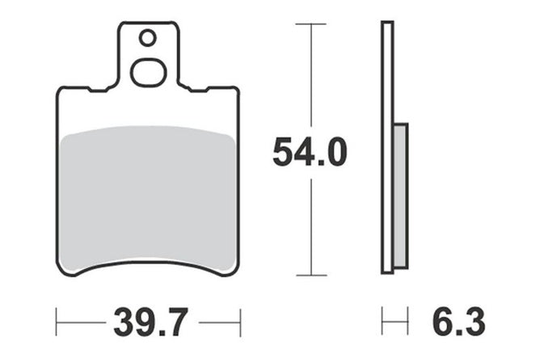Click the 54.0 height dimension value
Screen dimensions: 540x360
310,152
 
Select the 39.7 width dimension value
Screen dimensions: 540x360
151,323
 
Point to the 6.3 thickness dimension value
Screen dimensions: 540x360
458,323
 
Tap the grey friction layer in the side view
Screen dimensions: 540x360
400,195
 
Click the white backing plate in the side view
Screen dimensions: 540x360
387,147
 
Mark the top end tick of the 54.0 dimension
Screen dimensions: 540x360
311,23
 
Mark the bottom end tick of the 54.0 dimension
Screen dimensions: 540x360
311,275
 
